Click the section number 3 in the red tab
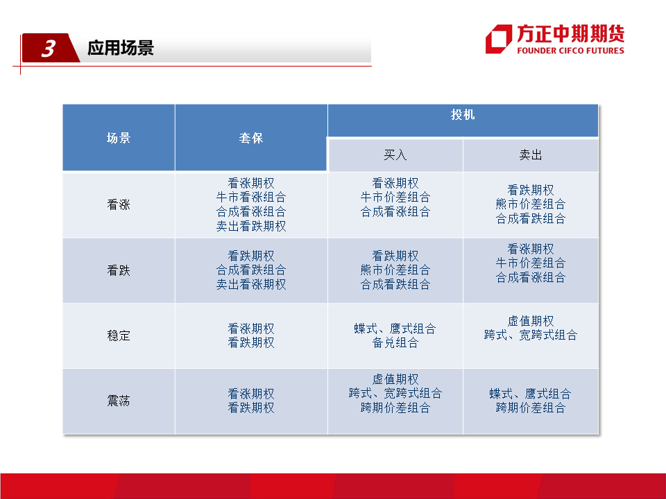pyautogui.click(x=49, y=49)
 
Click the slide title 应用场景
pyautogui.click(x=121, y=48)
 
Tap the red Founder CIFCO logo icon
pyautogui.click(x=499, y=39)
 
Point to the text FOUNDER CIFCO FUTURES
pyautogui.click(x=570, y=51)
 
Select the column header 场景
pyautogui.click(x=119, y=138)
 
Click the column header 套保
pyautogui.click(x=251, y=138)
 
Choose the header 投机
pyautogui.click(x=463, y=114)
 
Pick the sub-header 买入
pyautogui.click(x=395, y=155)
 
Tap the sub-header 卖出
pyautogui.click(x=531, y=155)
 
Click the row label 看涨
pyautogui.click(x=119, y=204)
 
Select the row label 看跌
pyautogui.click(x=119, y=270)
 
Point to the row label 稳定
pyautogui.click(x=119, y=335)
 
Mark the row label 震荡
pyautogui.click(x=119, y=401)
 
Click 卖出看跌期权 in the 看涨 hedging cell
pyautogui.click(x=251, y=226)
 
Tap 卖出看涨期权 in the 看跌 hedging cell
pyautogui.click(x=251, y=284)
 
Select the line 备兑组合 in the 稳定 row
pyautogui.click(x=395, y=343)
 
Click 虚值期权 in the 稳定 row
pyautogui.click(x=531, y=321)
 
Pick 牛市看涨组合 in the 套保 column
pyautogui.click(x=251, y=198)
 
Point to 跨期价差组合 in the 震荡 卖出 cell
pyautogui.click(x=531, y=408)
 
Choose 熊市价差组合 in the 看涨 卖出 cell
pyautogui.click(x=531, y=204)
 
